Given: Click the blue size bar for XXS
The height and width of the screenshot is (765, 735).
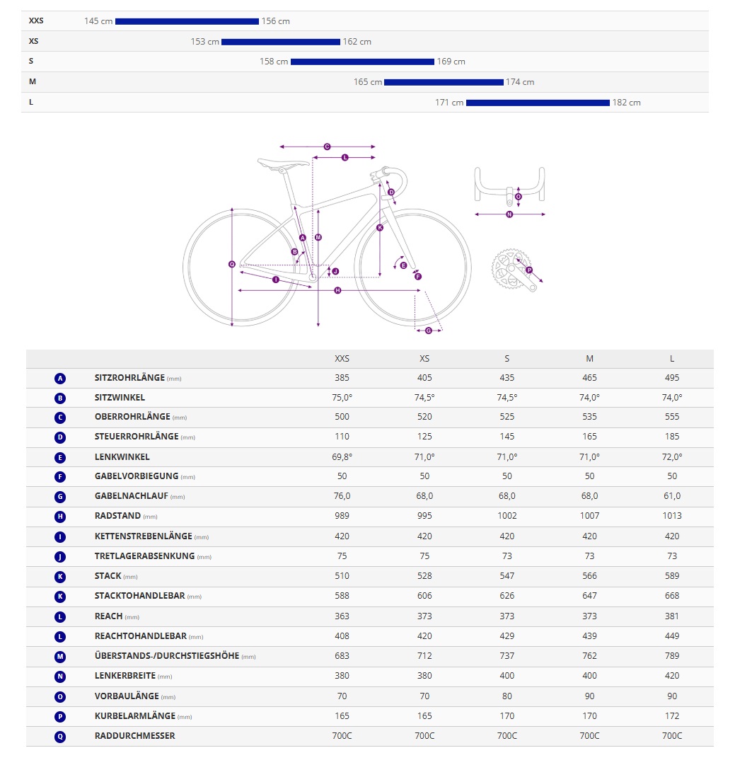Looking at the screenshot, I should pyautogui.click(x=187, y=21).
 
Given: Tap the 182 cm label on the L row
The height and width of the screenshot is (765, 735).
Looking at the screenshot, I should pyautogui.click(x=626, y=103).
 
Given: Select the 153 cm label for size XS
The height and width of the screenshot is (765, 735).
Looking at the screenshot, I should pyautogui.click(x=204, y=42).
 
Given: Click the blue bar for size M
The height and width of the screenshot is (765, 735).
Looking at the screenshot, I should pyautogui.click(x=444, y=82).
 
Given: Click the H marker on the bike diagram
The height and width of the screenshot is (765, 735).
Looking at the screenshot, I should pyautogui.click(x=337, y=290).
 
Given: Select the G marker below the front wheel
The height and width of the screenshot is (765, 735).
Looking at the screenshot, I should pyautogui.click(x=429, y=330).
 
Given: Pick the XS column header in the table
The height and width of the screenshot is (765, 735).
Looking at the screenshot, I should pyautogui.click(x=424, y=359).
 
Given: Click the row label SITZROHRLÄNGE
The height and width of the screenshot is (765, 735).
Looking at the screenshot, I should pyautogui.click(x=129, y=378).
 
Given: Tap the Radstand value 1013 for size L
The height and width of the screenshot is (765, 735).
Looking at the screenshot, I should pyautogui.click(x=672, y=516).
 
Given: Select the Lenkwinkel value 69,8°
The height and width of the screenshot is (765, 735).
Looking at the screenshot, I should pyautogui.click(x=342, y=456).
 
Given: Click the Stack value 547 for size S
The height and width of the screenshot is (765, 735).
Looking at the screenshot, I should pyautogui.click(x=507, y=576).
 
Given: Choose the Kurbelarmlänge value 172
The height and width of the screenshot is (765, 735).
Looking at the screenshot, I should pyautogui.click(x=672, y=715).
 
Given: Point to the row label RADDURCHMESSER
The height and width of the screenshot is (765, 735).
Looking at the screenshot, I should pyautogui.click(x=134, y=736).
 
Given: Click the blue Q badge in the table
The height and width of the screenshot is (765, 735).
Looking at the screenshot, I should pyautogui.click(x=60, y=736).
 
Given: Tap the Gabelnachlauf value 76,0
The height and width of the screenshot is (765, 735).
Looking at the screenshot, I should pyautogui.click(x=342, y=496).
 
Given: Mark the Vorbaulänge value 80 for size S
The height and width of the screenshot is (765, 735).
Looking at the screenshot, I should pyautogui.click(x=507, y=696).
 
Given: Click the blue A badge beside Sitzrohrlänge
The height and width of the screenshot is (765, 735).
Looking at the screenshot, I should pyautogui.click(x=60, y=379).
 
